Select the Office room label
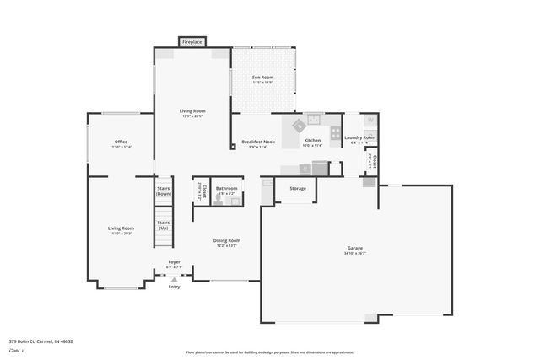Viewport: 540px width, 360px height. click(x=121, y=141)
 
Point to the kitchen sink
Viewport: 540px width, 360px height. click(x=314, y=119)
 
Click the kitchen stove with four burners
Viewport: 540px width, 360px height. click(x=336, y=132)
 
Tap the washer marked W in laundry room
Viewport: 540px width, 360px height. click(x=370, y=120)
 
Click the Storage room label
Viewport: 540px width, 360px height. click(x=297, y=188)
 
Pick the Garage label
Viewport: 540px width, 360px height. click(x=354, y=248)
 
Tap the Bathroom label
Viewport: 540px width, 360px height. click(x=226, y=188)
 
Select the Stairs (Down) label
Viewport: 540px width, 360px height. click(x=164, y=191)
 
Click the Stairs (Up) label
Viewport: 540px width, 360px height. click(x=164, y=225)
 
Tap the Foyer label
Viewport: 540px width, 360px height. click(x=174, y=261)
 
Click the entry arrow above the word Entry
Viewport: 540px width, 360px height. click(x=174, y=279)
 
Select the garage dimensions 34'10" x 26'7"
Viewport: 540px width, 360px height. click(x=354, y=254)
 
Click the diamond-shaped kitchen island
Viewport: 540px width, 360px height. click(x=299, y=125)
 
